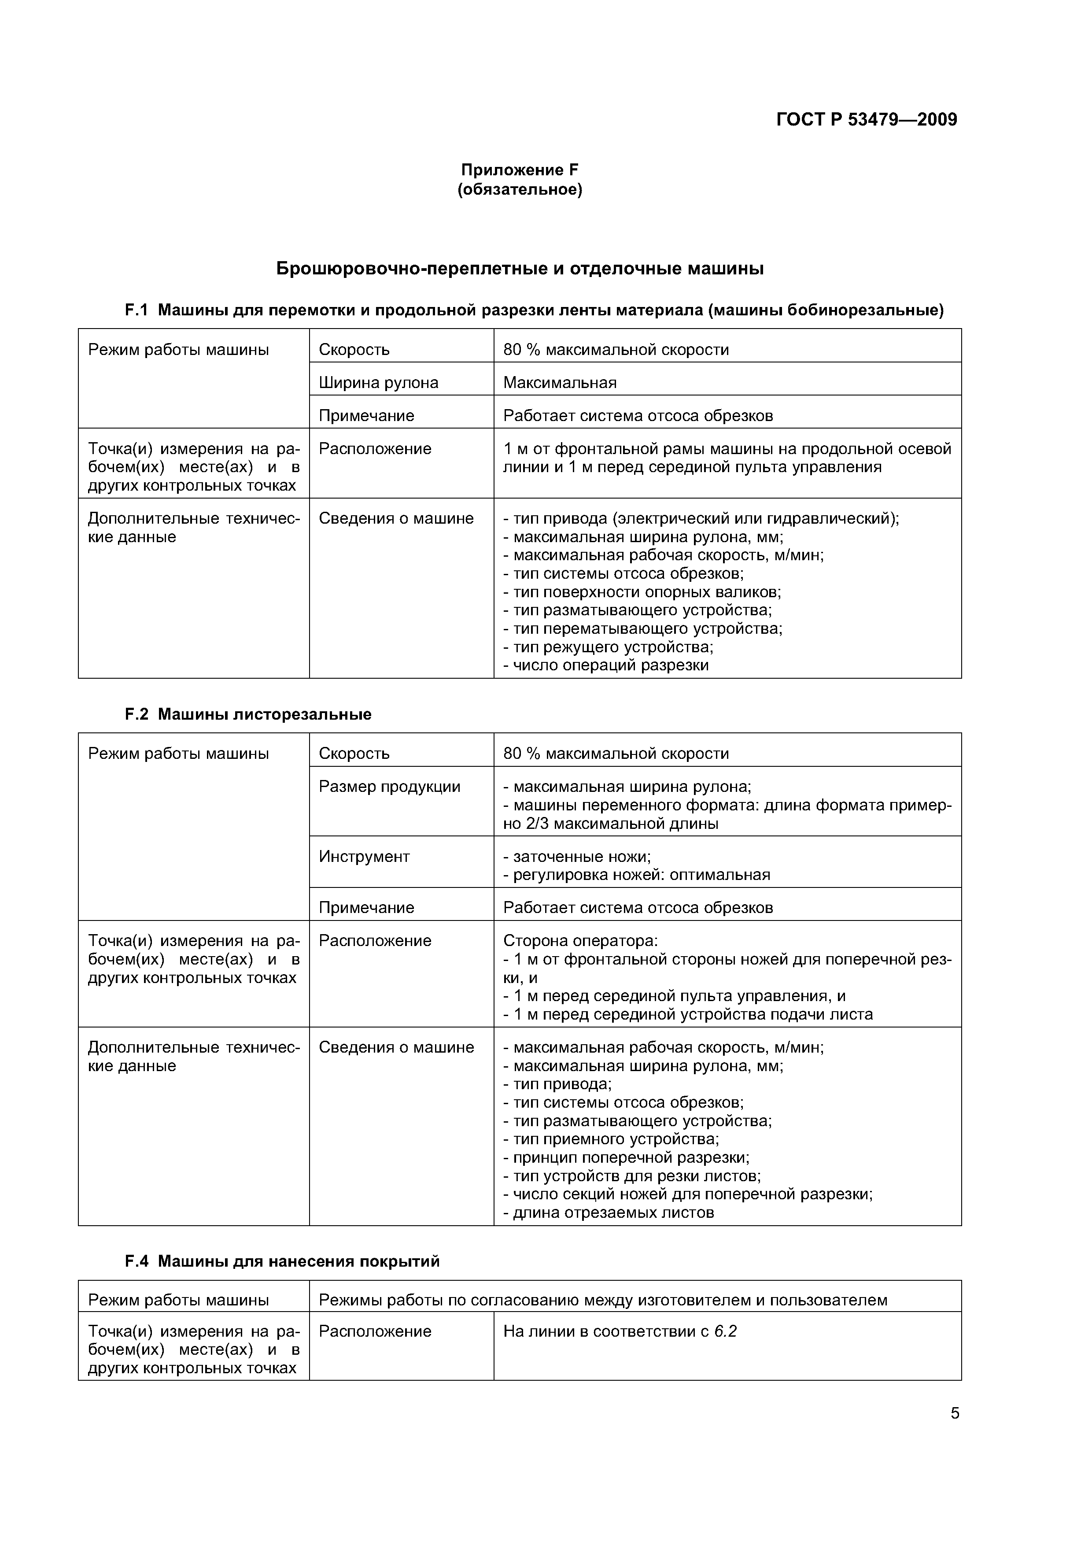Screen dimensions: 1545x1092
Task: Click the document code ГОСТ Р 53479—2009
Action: (x=866, y=120)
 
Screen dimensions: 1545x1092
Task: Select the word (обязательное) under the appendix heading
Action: (x=520, y=190)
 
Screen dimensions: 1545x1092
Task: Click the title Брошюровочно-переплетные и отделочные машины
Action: (x=520, y=269)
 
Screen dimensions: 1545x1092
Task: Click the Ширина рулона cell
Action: (x=378, y=383)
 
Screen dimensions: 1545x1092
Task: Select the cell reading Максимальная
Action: (x=560, y=383)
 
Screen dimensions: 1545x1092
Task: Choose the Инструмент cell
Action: (x=364, y=857)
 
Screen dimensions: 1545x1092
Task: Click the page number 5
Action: (x=955, y=1413)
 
